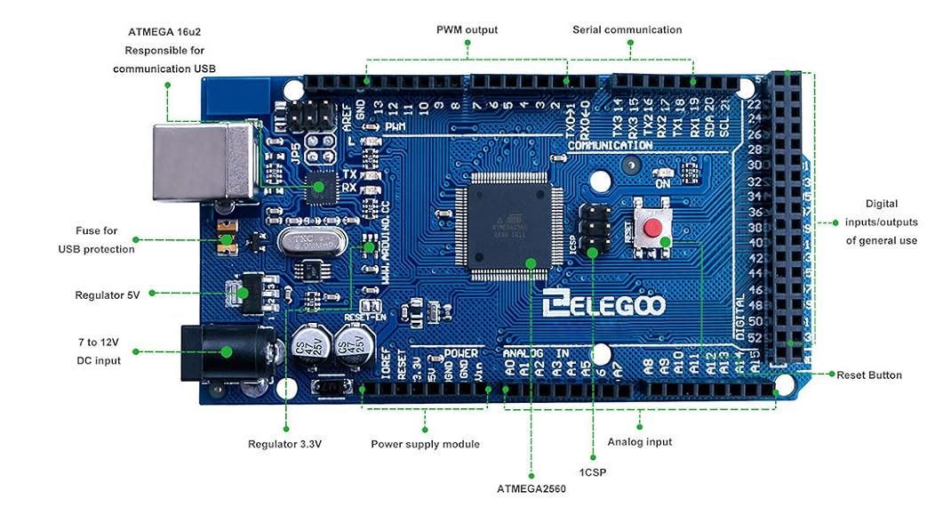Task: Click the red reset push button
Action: [x=652, y=230]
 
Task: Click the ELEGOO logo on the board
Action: [x=604, y=305]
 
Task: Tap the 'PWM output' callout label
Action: [x=467, y=29]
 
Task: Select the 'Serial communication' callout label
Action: [x=627, y=29]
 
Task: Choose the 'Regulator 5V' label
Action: [x=108, y=294]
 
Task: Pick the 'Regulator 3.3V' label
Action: [x=284, y=443]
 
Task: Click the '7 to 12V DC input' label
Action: [x=99, y=351]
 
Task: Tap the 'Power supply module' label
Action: [x=425, y=443]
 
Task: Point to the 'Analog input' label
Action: [x=640, y=441]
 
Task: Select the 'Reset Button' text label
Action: [x=868, y=375]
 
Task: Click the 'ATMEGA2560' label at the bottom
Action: [x=531, y=488]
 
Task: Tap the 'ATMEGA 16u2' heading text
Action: [x=164, y=33]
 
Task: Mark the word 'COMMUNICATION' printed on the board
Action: [x=610, y=145]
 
